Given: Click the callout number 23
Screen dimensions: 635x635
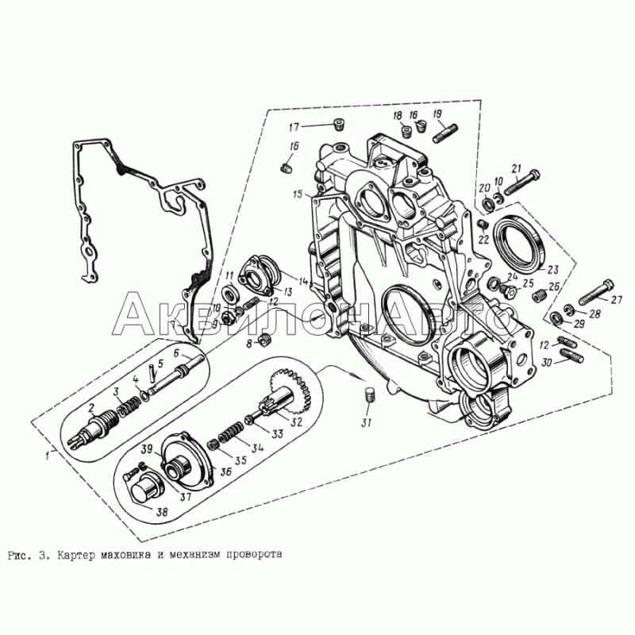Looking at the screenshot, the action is [552, 269].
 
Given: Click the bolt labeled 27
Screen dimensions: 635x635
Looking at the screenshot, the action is [596, 292].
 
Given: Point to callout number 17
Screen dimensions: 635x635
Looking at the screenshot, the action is [294, 127].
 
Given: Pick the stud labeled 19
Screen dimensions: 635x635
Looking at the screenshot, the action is [445, 133].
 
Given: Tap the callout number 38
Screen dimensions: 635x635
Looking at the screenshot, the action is [162, 512].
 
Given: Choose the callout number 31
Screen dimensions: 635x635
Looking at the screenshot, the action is [366, 423].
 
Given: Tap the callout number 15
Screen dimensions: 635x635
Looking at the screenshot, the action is [298, 194].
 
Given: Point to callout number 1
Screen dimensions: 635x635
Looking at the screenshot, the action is [48, 455].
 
